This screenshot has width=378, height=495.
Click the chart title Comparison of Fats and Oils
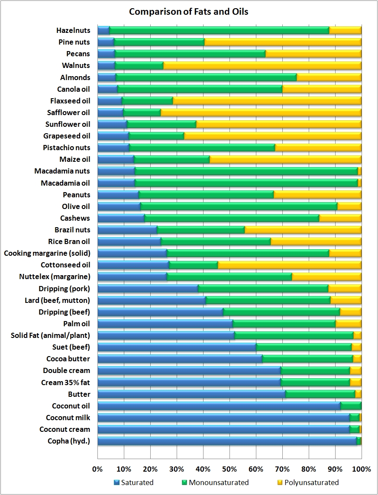[189, 12]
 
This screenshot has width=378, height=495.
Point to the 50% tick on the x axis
[229, 469]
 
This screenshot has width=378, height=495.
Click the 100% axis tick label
[362, 469]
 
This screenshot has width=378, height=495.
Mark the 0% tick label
[98, 469]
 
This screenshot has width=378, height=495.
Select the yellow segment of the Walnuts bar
[262, 65]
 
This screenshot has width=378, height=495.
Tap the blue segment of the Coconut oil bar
[219, 406]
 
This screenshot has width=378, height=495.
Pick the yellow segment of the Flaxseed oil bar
[266, 101]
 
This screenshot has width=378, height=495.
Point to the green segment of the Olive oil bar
[238, 206]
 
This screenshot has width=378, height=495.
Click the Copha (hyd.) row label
[69, 441]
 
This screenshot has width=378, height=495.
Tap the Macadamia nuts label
[62, 171]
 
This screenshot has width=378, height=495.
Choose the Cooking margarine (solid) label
[47, 253]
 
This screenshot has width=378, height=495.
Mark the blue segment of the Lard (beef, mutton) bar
[152, 300]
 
